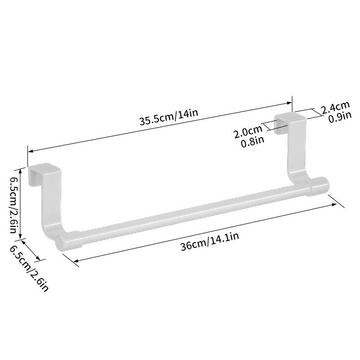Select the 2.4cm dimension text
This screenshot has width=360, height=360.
(335, 108)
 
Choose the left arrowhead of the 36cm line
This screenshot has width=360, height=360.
(75, 261)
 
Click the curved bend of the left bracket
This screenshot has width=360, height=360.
(50, 229)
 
